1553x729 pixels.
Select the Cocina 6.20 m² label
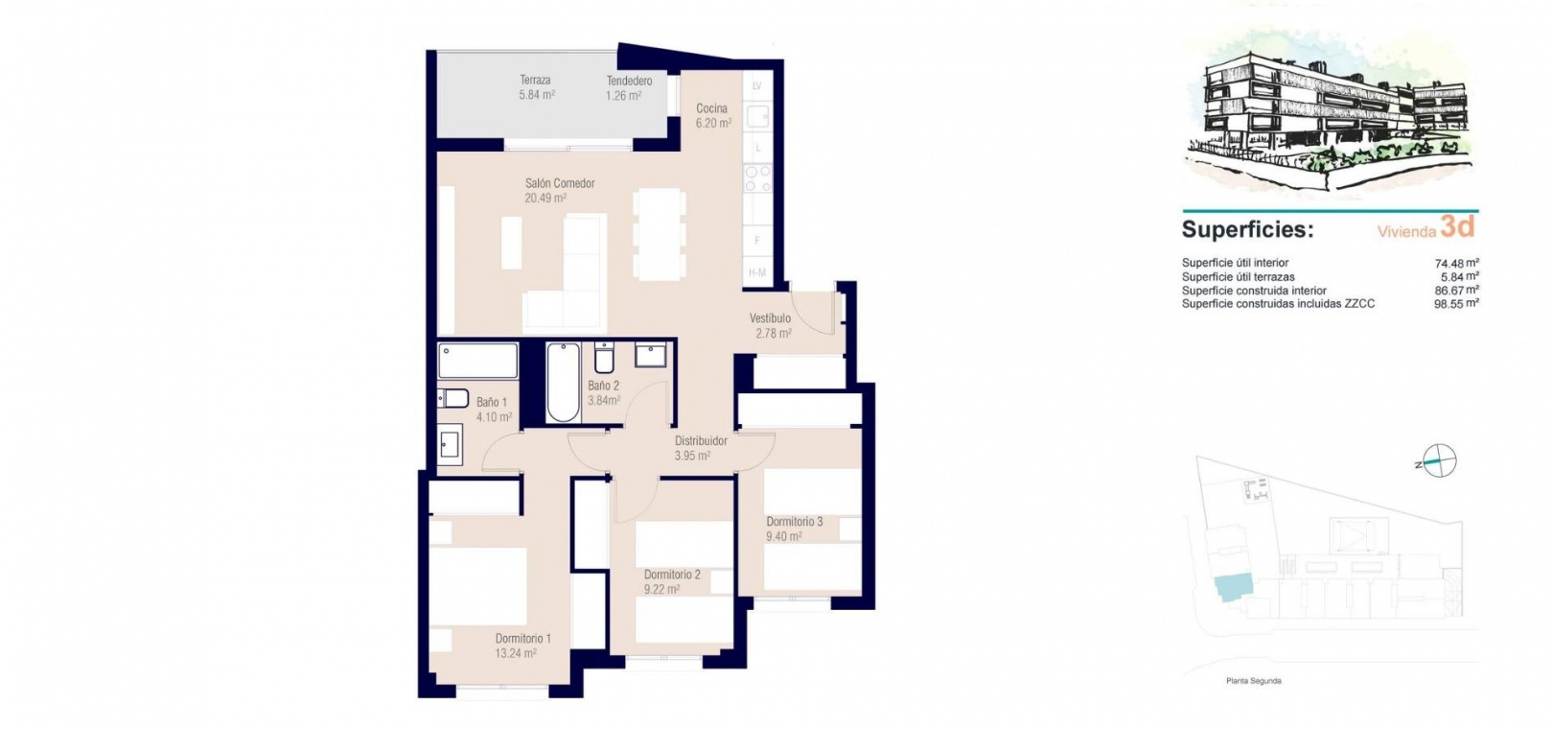pyautogui.click(x=713, y=116)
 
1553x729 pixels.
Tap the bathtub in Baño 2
pyautogui.click(x=563, y=382)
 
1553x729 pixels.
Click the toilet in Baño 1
pyautogui.click(x=452, y=398)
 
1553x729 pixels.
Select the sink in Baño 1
pyautogui.click(x=450, y=445)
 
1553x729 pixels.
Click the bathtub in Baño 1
pyautogui.click(x=478, y=361)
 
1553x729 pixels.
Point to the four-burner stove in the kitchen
pyautogui.click(x=757, y=178)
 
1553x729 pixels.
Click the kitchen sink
pyautogui.click(x=757, y=116)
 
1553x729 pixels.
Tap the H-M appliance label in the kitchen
pyautogui.click(x=757, y=272)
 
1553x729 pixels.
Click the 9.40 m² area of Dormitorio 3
pyautogui.click(x=784, y=536)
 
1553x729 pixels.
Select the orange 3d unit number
pyautogui.click(x=1457, y=226)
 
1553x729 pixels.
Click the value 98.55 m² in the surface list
pyautogui.click(x=1456, y=303)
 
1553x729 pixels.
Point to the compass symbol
pyautogui.click(x=1439, y=461)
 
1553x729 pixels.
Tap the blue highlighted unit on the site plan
pyautogui.click(x=1234, y=588)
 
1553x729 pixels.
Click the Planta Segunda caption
pyautogui.click(x=1254, y=681)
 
